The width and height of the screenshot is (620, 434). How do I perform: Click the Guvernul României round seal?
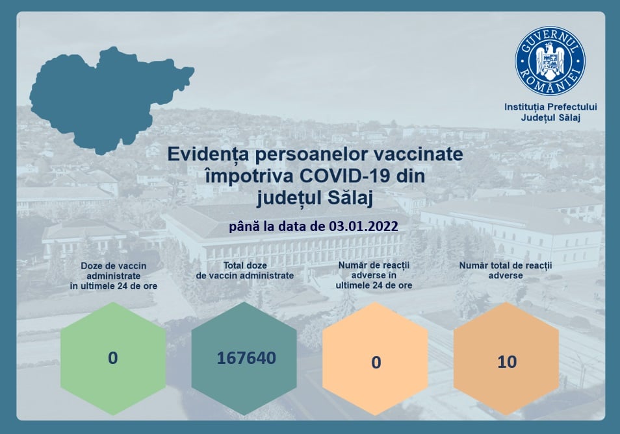point(550,61)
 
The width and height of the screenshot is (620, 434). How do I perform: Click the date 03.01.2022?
point(363,226)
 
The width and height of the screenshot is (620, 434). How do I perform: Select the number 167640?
point(246,358)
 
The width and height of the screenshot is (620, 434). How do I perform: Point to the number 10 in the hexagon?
point(507,362)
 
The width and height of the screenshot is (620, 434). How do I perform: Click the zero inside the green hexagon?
point(112,358)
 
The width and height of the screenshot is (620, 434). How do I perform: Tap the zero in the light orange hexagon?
point(376,363)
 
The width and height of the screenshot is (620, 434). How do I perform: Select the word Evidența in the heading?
point(208,154)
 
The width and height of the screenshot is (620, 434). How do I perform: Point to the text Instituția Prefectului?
point(550,107)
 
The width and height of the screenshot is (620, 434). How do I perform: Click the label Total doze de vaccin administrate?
point(245,271)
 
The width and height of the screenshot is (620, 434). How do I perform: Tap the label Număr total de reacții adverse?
point(506,271)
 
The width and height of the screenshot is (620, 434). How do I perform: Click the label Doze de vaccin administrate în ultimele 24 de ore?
point(114,276)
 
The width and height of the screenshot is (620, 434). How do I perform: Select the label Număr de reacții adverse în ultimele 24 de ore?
point(374,276)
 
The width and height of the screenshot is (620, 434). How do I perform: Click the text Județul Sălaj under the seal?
point(550,117)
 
